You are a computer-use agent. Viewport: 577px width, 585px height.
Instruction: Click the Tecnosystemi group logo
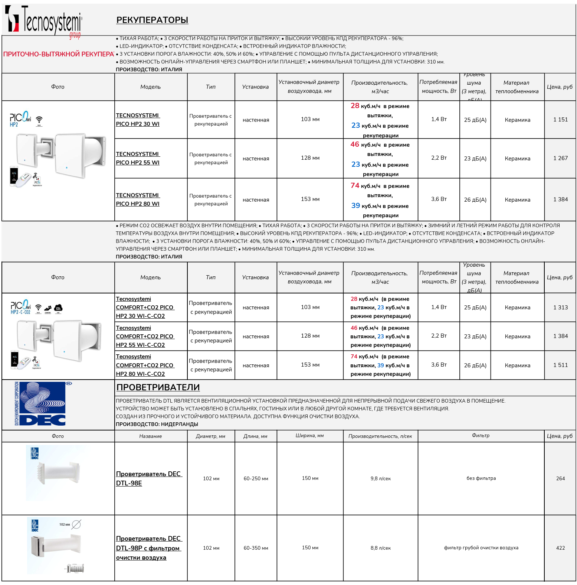pos(43,21)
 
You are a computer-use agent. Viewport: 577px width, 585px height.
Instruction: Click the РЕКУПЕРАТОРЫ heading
pos(152,20)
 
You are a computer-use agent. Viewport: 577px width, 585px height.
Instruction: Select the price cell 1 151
pos(560,120)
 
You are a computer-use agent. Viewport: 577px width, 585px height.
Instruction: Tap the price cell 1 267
pos(560,158)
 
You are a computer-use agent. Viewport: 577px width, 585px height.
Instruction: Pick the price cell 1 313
pos(560,308)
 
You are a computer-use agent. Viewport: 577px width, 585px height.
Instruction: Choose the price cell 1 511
pos(560,365)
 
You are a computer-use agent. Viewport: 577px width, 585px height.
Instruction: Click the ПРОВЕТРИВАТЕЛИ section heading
pos(158,387)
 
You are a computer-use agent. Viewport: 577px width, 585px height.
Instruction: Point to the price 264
pos(560,478)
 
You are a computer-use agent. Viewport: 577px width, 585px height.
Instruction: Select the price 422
pos(560,548)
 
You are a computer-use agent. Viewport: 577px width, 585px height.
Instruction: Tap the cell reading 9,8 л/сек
pos(380,478)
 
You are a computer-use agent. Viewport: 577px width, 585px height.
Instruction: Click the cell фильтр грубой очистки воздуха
pos(481,548)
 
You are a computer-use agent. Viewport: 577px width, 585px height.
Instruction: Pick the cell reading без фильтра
pos(481,478)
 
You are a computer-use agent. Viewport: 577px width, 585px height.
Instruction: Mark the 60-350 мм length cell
pos(256,548)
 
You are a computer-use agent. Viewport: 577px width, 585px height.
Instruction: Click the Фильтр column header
pos(481,436)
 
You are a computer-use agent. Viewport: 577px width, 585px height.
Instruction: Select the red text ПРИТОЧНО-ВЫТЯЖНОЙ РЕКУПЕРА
pos(58,54)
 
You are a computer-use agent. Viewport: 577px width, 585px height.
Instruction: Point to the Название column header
pos(150,436)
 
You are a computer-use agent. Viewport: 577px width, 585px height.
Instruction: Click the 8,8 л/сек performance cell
pos(380,548)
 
